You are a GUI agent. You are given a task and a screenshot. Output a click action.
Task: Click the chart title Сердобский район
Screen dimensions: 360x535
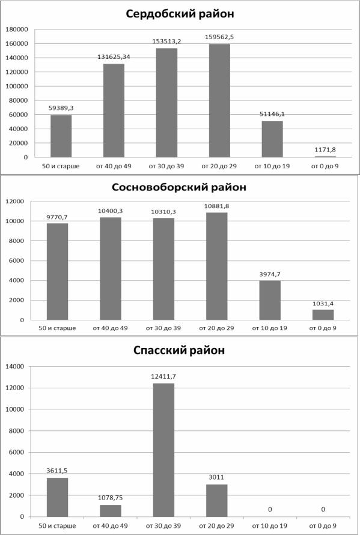[180, 14]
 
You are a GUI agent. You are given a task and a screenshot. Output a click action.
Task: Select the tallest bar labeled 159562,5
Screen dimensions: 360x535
[219, 100]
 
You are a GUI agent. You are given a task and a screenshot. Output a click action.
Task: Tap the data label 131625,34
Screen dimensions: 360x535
[114, 57]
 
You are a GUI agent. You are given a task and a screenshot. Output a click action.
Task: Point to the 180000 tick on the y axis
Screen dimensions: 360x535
[16, 29]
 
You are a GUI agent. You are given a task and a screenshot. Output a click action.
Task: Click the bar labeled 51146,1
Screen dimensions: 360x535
[272, 139]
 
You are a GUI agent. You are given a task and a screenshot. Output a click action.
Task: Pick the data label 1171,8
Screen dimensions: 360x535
[325, 150]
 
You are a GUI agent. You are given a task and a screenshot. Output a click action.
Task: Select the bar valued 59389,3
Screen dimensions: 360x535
[61, 136]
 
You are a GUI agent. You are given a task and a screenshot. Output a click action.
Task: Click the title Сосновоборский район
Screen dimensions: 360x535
[179, 187]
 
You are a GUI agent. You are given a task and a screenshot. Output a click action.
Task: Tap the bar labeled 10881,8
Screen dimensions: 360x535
[217, 266]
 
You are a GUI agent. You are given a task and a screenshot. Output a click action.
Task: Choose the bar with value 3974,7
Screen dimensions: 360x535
[270, 300]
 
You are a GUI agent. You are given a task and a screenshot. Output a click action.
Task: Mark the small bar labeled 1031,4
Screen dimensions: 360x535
[323, 315]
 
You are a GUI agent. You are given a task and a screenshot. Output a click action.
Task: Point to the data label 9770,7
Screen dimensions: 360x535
[57, 217]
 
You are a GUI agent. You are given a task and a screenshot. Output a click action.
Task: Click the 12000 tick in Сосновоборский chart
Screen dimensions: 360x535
[14, 201]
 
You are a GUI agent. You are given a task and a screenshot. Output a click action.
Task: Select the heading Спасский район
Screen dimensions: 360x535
[179, 350]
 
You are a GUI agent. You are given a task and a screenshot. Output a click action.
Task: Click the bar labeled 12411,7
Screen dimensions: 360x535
[163, 450]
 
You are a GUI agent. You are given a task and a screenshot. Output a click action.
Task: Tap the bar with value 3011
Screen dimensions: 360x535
[217, 501]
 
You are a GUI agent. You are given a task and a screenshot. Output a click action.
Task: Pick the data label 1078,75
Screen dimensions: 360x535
[110, 498]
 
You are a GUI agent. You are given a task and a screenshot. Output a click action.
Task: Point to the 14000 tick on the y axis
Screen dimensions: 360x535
[14, 367]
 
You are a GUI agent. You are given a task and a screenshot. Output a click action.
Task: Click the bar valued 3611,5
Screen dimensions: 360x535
[57, 497]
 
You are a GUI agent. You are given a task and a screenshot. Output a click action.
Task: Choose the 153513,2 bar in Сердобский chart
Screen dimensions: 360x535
[167, 103]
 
